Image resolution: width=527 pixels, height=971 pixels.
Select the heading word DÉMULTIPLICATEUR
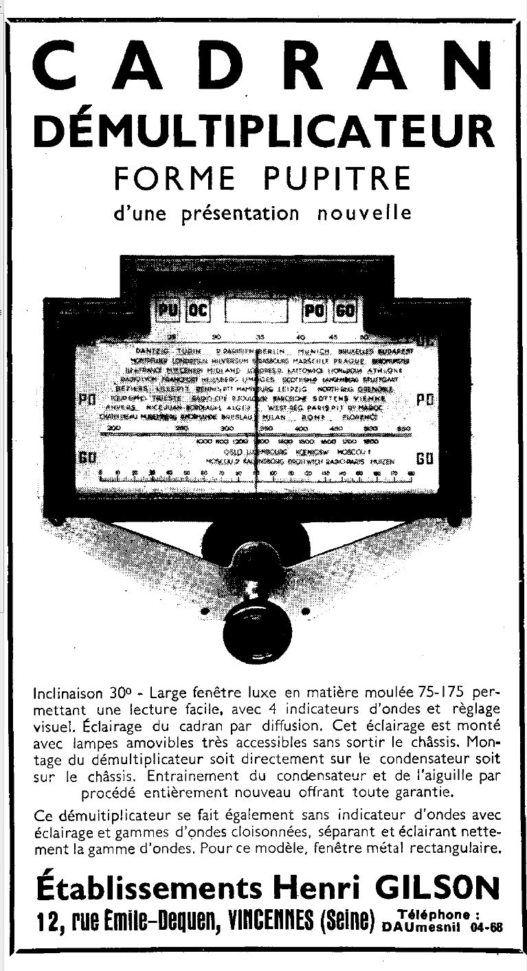coord(263,130)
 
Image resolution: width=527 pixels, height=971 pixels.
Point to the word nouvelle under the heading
coord(364,213)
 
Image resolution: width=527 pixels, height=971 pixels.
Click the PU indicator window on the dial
coord(168,311)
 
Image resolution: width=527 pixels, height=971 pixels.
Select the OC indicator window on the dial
coord(198,311)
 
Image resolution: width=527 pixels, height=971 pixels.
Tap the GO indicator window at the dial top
coord(346,311)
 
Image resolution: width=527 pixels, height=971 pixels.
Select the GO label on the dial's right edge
coord(424,459)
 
